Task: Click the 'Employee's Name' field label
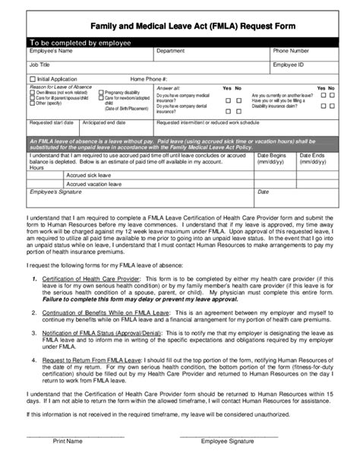[51, 51]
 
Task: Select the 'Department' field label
[171, 51]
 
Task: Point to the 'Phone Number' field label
[292, 51]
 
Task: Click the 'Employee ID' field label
[289, 65]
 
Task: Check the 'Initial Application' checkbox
[33, 79]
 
